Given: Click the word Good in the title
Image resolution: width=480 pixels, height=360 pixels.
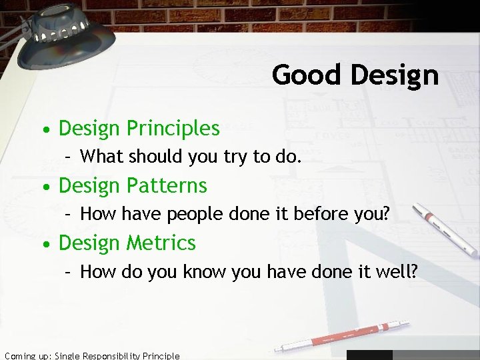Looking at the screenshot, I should coord(305,75).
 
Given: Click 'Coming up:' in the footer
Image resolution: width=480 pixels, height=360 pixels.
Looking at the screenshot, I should coord(27,355).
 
